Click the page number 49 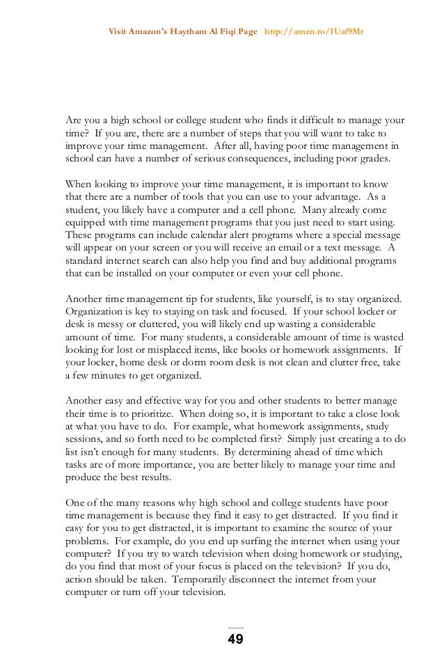[x=236, y=640]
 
